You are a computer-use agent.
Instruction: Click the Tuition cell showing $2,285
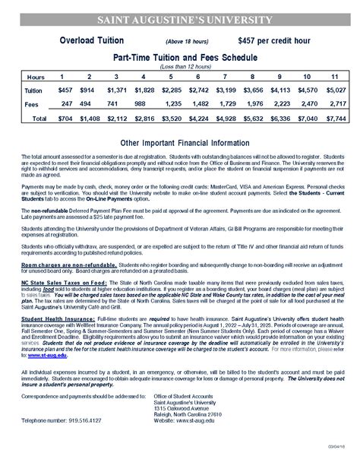pos(172,90)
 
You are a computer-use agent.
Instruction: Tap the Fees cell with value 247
pos(65,103)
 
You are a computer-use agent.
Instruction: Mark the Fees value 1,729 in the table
pos(226,103)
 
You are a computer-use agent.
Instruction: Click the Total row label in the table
pos(39,119)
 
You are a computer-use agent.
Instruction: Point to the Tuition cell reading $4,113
pos(280,90)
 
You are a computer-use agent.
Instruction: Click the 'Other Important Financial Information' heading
pos(180,143)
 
